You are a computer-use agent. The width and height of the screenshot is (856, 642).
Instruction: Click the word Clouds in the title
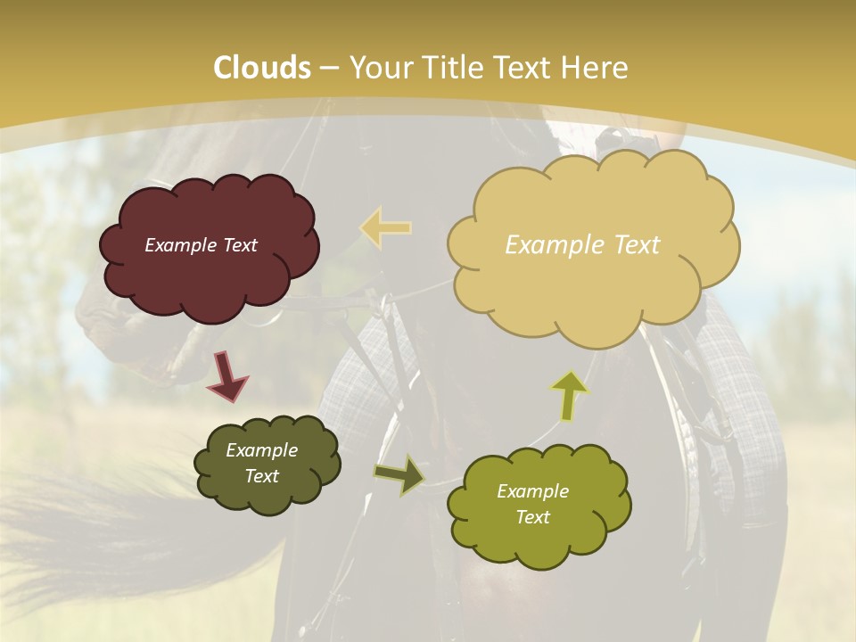click(x=262, y=68)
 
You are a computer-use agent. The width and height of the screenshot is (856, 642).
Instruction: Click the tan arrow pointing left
click(x=386, y=227)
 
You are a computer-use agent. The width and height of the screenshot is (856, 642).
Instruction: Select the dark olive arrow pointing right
click(x=399, y=475)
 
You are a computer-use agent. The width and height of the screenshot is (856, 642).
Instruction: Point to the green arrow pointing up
click(x=569, y=395)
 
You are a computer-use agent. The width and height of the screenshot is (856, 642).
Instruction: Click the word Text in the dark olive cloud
click(x=262, y=476)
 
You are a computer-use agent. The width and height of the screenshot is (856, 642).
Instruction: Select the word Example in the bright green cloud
click(x=532, y=491)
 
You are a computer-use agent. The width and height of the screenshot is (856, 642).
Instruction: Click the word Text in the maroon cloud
click(x=238, y=245)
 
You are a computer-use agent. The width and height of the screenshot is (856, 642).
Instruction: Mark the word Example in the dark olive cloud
click(x=261, y=450)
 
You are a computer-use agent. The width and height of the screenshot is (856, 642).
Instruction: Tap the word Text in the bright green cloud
click(x=532, y=517)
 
